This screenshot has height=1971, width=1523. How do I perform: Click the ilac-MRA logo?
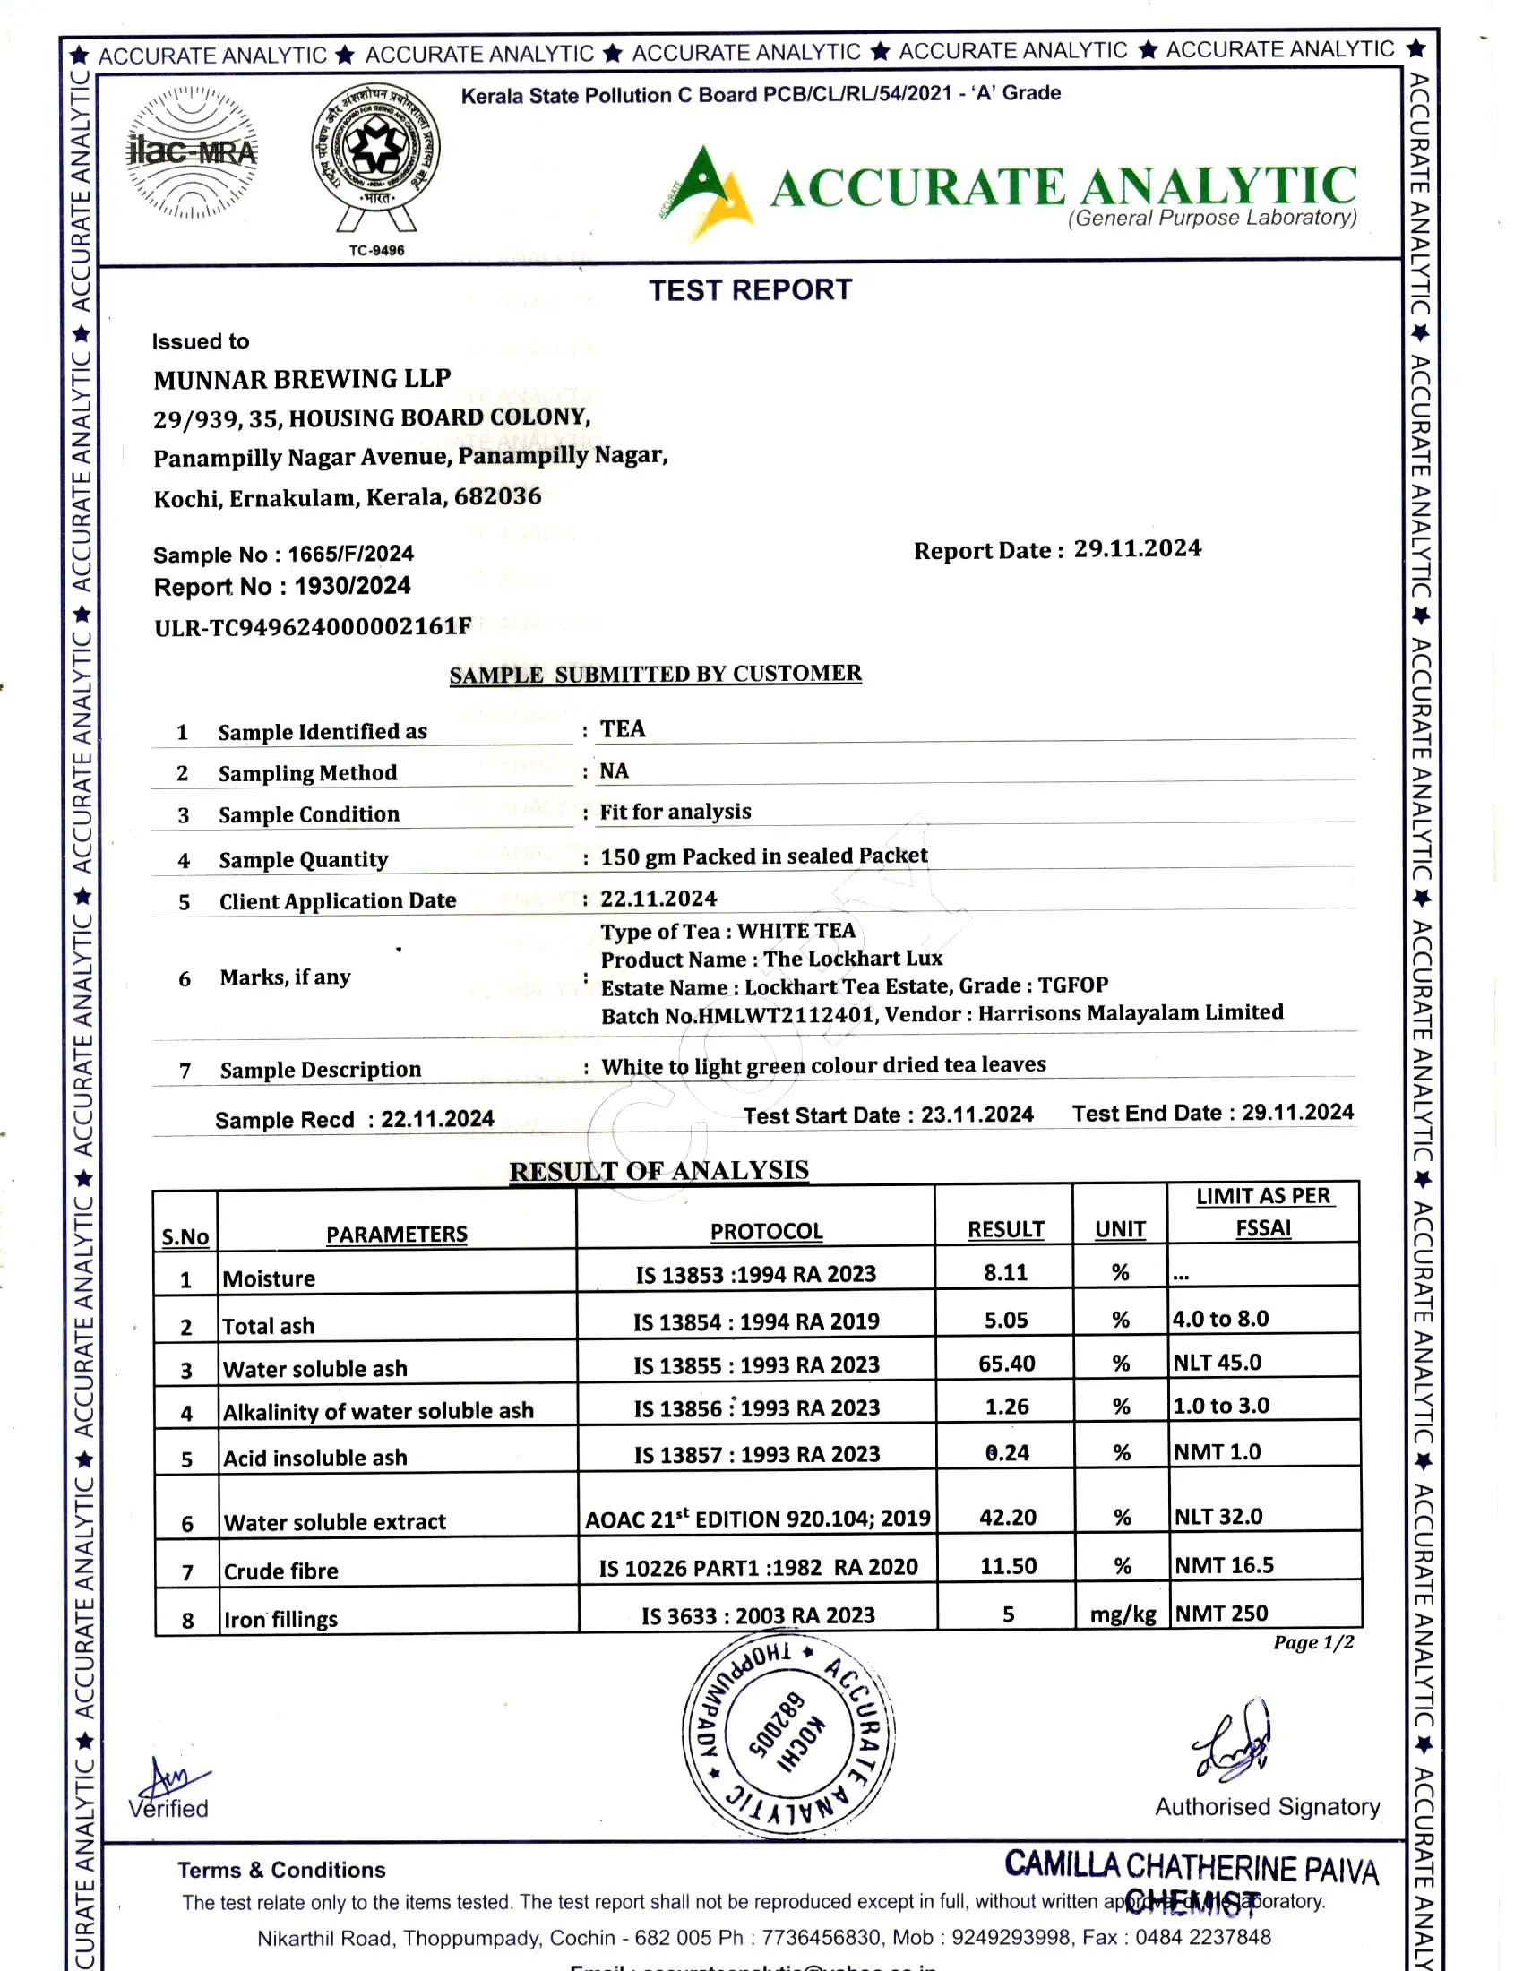(x=193, y=152)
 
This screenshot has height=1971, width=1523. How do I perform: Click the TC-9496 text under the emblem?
(x=376, y=250)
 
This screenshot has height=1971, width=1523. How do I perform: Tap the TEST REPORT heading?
(x=750, y=289)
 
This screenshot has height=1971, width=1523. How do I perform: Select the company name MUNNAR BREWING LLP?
(x=302, y=379)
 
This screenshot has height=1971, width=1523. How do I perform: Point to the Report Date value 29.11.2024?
(x=1137, y=548)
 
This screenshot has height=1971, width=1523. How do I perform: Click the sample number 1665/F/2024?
(x=351, y=553)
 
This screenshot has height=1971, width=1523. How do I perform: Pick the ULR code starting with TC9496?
(x=313, y=626)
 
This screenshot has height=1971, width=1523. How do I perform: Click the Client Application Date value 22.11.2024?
(x=658, y=899)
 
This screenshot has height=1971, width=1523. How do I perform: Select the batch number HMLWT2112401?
(x=787, y=1015)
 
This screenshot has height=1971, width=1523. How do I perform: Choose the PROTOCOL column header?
(x=766, y=1231)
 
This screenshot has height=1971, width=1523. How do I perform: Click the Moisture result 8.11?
(x=1005, y=1272)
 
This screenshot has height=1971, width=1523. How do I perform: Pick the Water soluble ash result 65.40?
(x=1006, y=1363)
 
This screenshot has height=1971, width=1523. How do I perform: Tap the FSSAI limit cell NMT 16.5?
(x=1224, y=1565)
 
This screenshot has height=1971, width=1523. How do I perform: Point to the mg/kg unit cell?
(x=1123, y=1614)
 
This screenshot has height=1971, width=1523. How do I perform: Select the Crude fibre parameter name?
(x=280, y=1571)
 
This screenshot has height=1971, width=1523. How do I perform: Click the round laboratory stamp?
(x=787, y=1734)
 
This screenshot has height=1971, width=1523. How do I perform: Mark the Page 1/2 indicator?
(x=1312, y=1641)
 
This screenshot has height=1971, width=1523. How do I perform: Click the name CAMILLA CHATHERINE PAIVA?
(x=1192, y=1865)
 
